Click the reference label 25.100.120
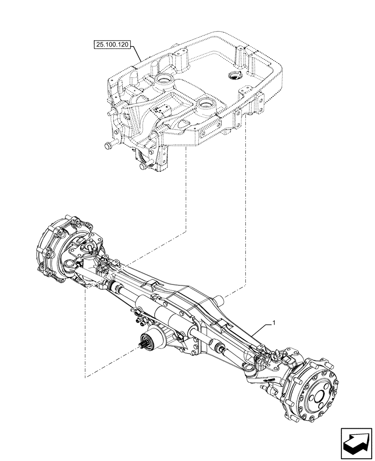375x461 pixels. pyautogui.click(x=113, y=45)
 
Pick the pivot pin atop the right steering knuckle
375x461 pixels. pyautogui.click(x=277, y=355)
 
